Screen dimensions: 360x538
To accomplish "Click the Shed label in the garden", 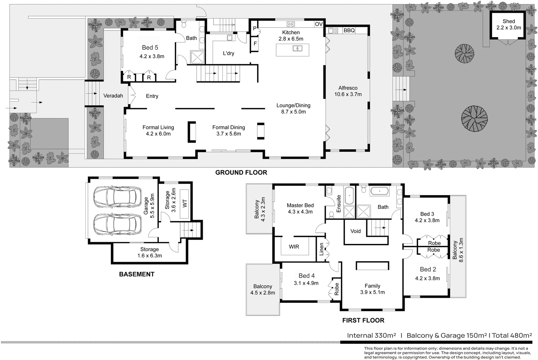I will [508, 21].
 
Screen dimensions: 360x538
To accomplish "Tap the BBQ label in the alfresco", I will [349, 31].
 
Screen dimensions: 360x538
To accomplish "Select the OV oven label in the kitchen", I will [319, 24].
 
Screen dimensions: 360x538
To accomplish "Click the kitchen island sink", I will [297, 48].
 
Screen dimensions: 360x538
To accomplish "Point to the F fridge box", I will [255, 44].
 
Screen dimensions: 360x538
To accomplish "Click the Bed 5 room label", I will [150, 48].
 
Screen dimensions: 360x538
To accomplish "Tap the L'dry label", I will [228, 53].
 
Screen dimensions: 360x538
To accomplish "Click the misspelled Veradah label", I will [113, 96].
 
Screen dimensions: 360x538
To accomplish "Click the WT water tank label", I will [185, 203].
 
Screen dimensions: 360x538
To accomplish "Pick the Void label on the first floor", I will [355, 231].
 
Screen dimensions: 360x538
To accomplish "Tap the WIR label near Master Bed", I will [294, 247].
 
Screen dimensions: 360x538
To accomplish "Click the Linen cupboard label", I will [321, 249].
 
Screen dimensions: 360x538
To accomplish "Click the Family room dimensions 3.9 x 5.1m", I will [372, 292].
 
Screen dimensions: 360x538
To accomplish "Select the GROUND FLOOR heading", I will [241, 173].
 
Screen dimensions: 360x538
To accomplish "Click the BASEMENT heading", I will [137, 274].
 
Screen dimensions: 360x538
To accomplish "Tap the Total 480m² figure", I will [512, 335].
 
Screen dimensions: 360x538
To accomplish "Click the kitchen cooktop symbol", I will [291, 24].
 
